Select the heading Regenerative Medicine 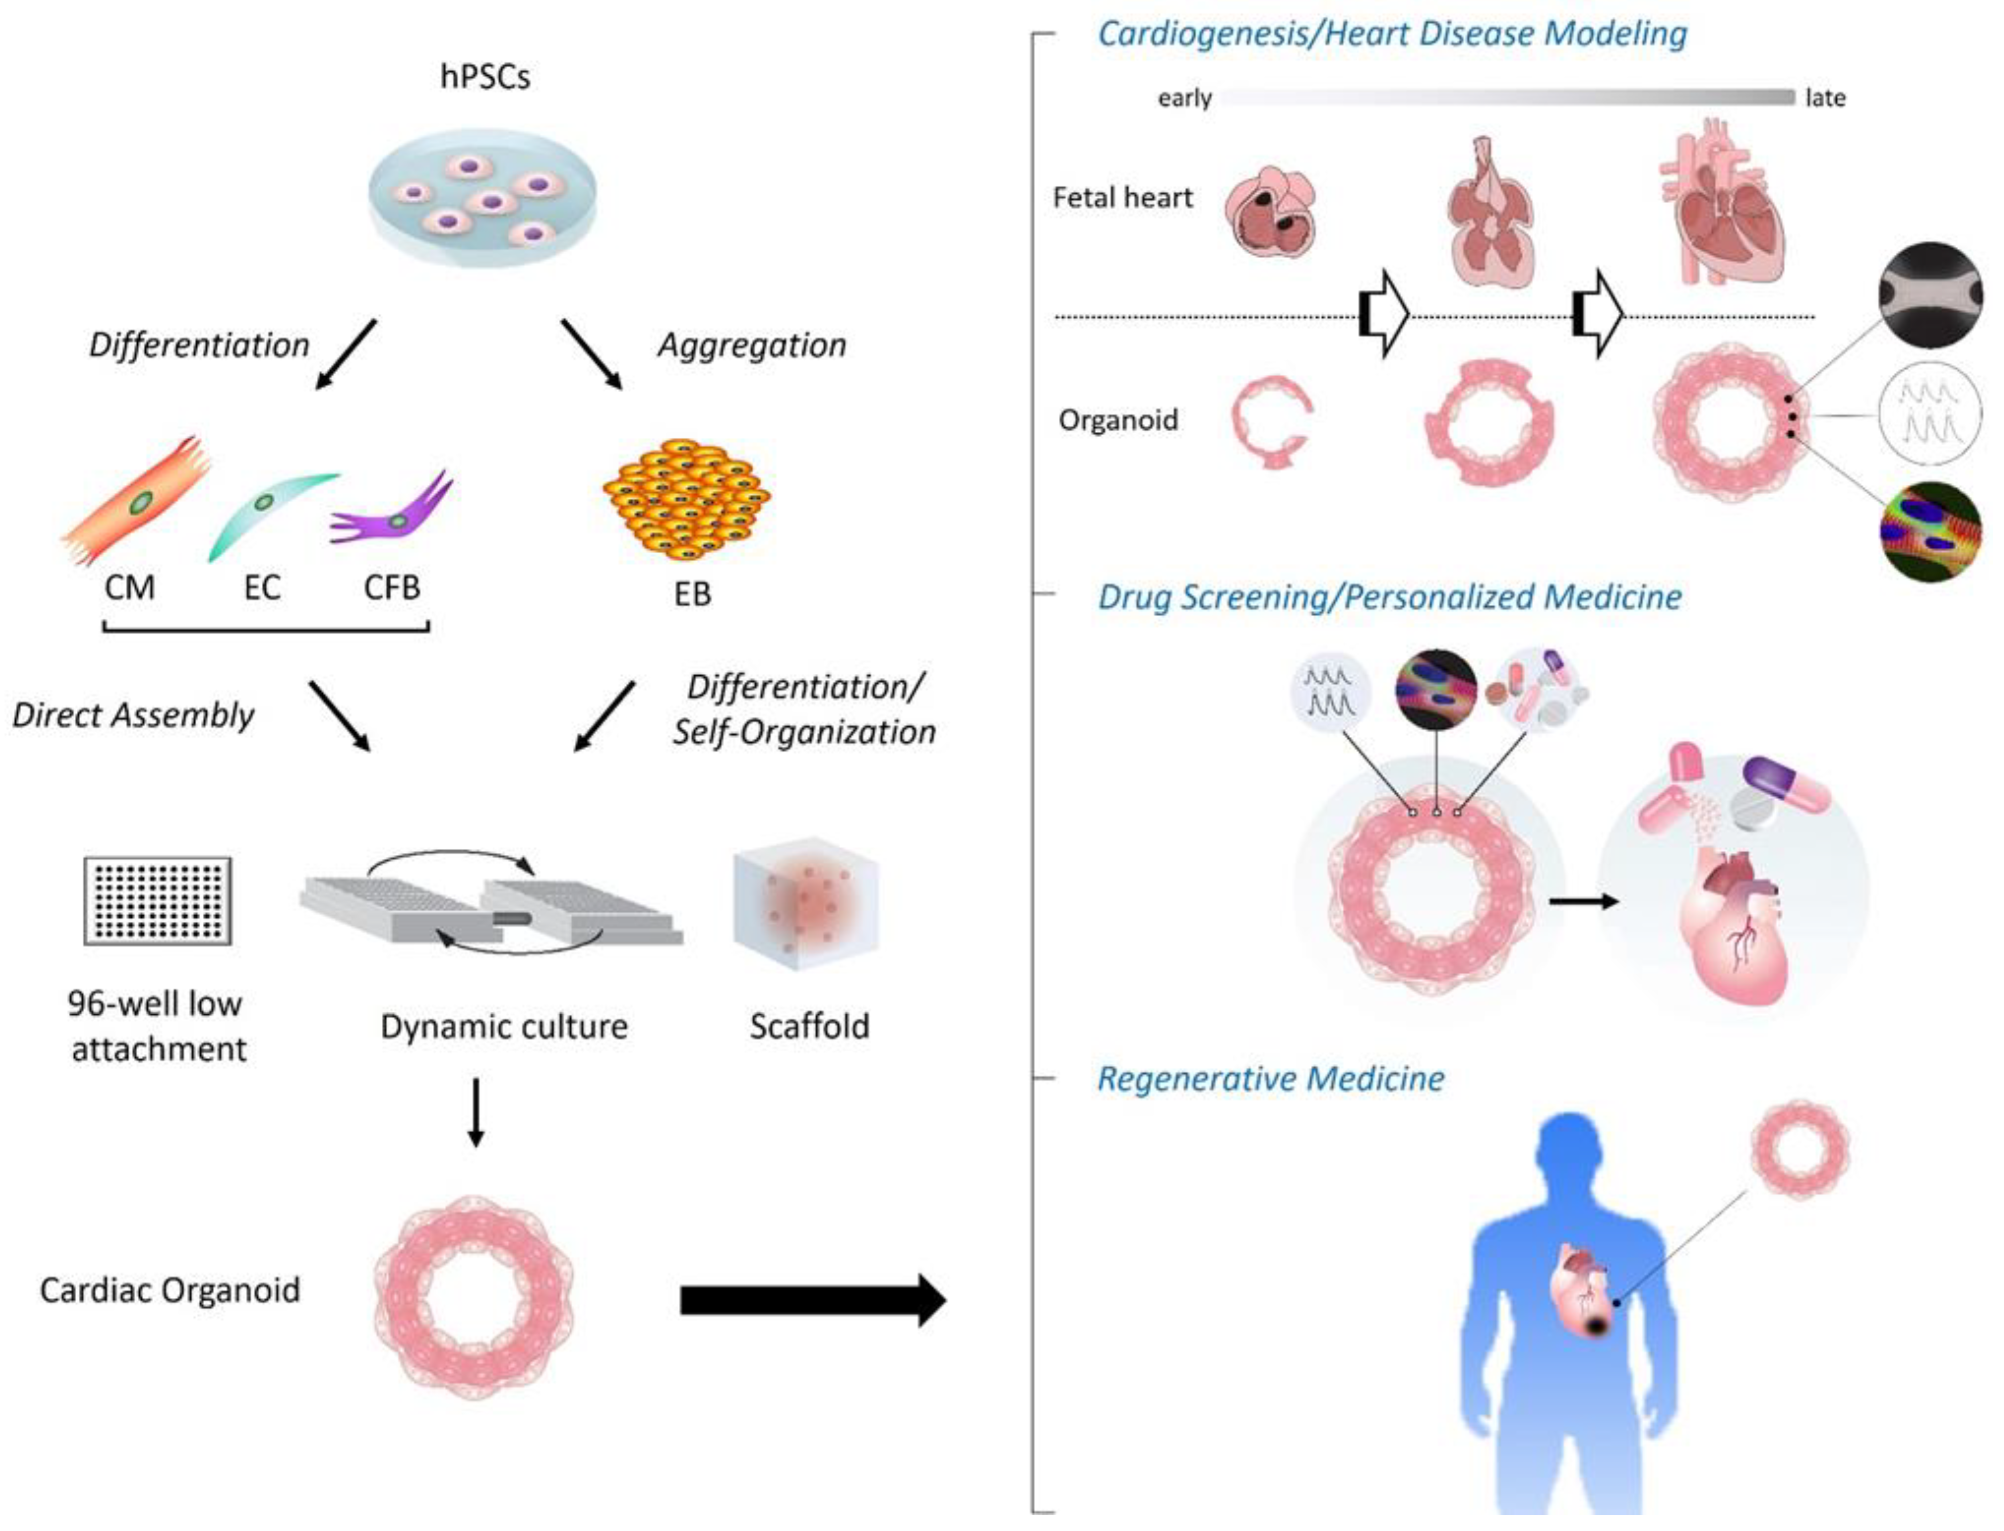[x=1270, y=1079]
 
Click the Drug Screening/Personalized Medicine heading [x=1389, y=597]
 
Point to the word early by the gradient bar [x=1184, y=98]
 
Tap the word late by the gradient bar [x=1825, y=98]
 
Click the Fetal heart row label [x=1122, y=198]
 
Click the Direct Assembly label [x=133, y=716]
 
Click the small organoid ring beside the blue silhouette [x=1799, y=1148]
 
